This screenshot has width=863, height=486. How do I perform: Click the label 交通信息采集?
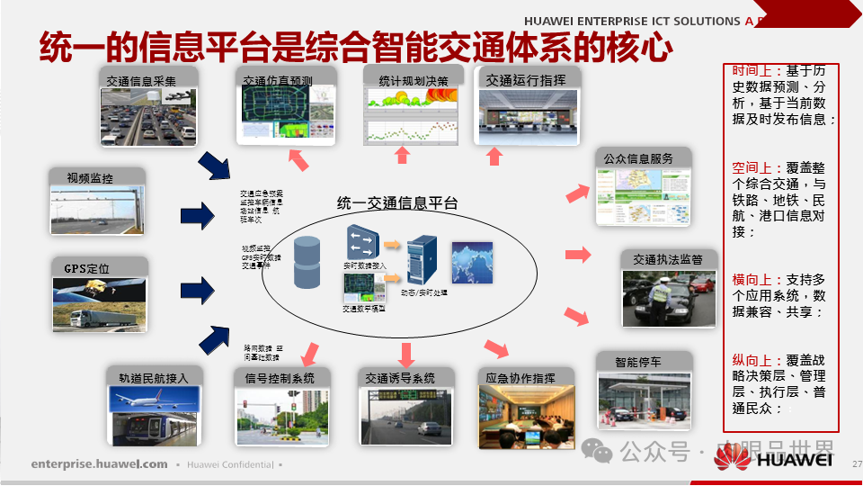[x=140, y=80]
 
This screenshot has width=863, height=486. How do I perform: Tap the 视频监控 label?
[x=90, y=178]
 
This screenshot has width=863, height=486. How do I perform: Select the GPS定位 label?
[x=86, y=268]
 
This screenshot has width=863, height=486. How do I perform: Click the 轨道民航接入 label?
[x=147, y=378]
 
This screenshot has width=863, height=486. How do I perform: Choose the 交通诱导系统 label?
[x=400, y=378]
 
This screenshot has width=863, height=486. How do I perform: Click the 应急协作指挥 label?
[x=520, y=378]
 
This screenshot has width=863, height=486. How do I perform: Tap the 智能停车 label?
[x=638, y=363]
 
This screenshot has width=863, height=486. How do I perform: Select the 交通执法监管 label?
[x=673, y=259]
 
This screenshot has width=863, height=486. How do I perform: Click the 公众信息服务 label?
[x=639, y=158]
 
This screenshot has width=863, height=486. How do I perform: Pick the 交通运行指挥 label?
[x=526, y=80]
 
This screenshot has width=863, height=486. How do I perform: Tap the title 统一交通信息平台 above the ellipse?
[x=397, y=203]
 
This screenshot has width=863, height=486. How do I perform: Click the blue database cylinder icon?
[x=307, y=263]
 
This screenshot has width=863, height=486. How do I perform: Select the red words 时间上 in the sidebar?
[x=752, y=70]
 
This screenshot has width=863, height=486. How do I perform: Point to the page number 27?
[x=856, y=464]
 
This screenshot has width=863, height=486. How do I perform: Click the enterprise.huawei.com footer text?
[x=99, y=464]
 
